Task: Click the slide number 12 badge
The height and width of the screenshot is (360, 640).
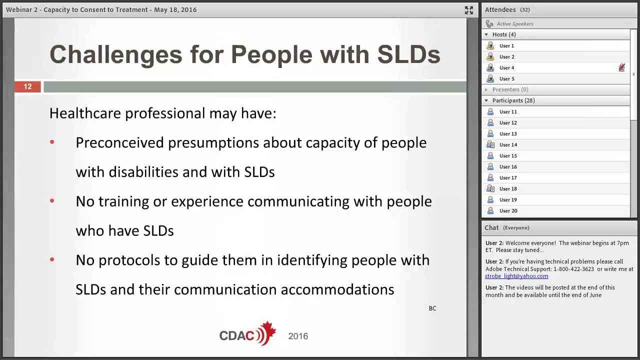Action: (x=27, y=87)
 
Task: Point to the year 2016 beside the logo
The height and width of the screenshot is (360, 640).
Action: (x=298, y=336)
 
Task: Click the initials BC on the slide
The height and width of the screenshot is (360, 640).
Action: (x=432, y=308)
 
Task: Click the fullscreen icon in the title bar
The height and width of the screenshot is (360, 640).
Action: (x=468, y=10)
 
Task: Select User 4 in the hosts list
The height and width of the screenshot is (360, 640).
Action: (x=506, y=68)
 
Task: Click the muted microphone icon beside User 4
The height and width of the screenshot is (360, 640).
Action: (x=621, y=67)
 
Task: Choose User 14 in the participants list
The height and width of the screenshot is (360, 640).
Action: (x=508, y=145)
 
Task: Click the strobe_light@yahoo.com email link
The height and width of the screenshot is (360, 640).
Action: (x=516, y=276)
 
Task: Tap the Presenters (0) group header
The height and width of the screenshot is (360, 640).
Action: (x=510, y=89)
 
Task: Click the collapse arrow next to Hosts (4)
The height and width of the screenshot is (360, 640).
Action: (x=486, y=34)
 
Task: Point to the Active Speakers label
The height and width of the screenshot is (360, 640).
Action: (x=515, y=24)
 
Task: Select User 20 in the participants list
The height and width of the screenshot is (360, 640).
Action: (x=508, y=211)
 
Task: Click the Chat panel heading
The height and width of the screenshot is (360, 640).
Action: (x=491, y=228)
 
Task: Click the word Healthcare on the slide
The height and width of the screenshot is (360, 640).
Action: (x=85, y=113)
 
